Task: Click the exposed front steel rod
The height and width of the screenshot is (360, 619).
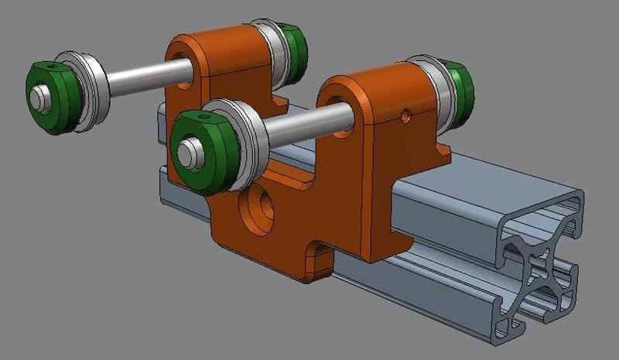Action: [306, 124]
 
